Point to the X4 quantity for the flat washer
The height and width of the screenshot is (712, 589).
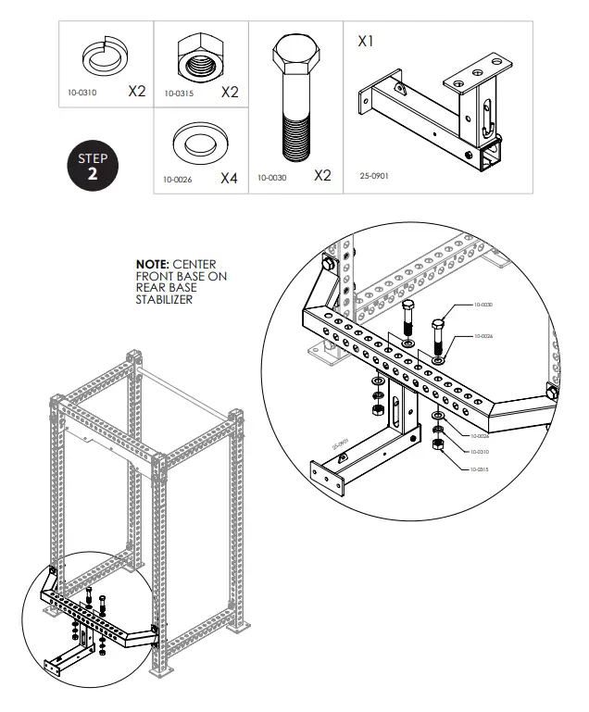(229, 178)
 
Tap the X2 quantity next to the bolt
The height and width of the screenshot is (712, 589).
(321, 175)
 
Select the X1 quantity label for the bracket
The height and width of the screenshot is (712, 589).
(366, 42)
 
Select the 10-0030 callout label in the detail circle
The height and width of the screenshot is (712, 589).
(483, 305)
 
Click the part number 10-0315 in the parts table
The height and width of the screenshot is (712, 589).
(179, 94)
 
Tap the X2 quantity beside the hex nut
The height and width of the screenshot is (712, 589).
(231, 92)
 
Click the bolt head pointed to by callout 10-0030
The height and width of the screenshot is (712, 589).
(440, 325)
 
